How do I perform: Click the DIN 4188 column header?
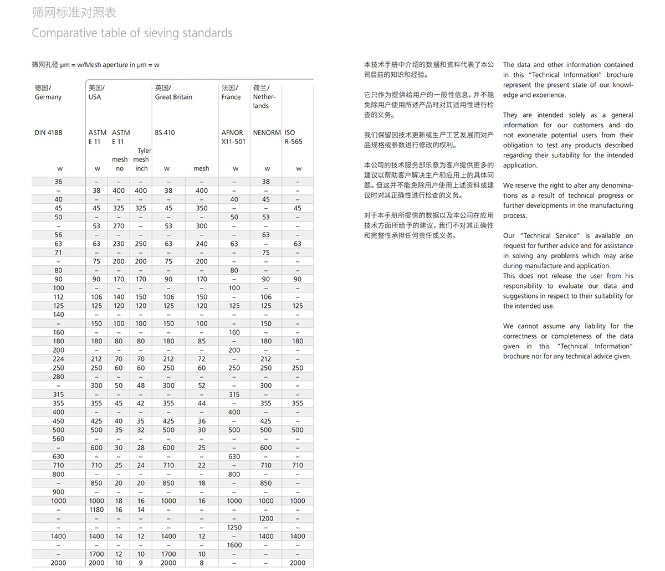point(48,132)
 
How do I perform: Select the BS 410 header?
point(165,132)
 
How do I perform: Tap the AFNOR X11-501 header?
point(233,137)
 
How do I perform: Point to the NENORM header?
point(267,132)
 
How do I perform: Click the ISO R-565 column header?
point(294,137)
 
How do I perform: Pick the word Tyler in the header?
point(144,151)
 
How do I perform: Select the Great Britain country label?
point(173,97)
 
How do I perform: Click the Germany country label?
point(48,97)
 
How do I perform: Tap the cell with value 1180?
point(96,510)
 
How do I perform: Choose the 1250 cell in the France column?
point(234,527)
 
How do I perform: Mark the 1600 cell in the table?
point(234,545)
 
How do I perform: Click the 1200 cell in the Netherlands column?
point(266,518)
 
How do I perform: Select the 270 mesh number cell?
point(119,226)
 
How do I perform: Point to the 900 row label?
point(58,492)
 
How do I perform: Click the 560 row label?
point(58,439)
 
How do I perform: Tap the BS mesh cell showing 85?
point(201,341)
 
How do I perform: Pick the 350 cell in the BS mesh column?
point(201,208)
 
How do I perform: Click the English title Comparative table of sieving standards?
point(132,33)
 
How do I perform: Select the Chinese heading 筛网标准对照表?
point(74,12)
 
